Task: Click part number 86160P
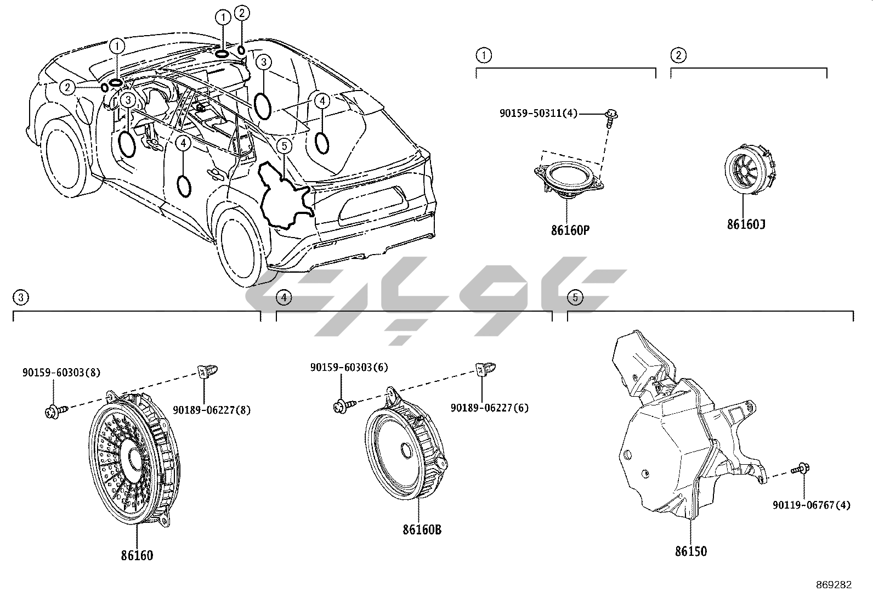tap(570, 230)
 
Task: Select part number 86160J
tap(746, 224)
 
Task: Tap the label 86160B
tap(422, 529)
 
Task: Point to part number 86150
tap(690, 551)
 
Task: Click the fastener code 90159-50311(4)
tap(538, 114)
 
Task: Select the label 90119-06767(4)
tap(812, 505)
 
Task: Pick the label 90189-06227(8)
tap(212, 409)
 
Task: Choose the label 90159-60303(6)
tap(349, 367)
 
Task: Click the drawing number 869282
tap(833, 585)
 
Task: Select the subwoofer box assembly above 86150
tap(680, 428)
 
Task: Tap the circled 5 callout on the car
tap(284, 145)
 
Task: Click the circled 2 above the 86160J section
tap(678, 55)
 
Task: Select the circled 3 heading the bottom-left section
tap(20, 297)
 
